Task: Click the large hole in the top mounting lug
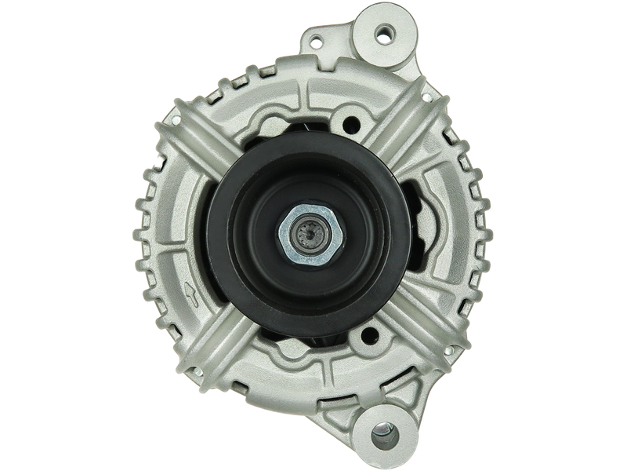click(383, 33)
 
